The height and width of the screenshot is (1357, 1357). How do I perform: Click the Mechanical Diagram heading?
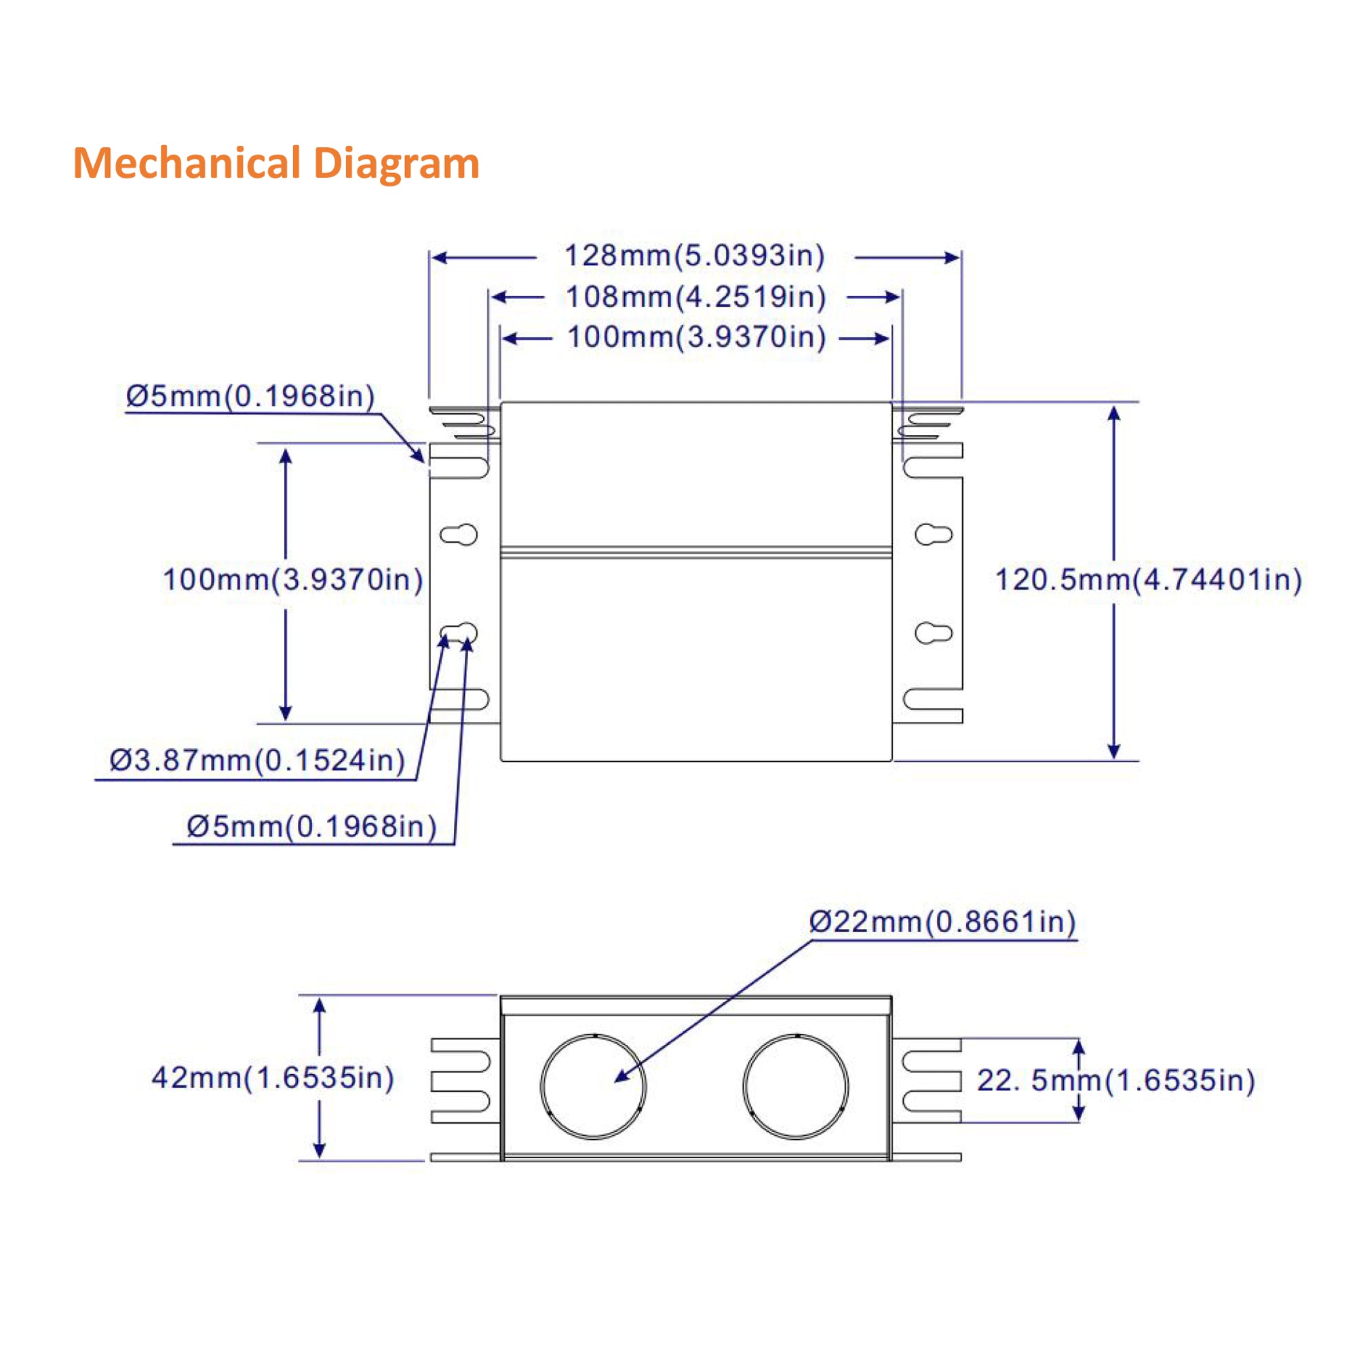click(x=276, y=163)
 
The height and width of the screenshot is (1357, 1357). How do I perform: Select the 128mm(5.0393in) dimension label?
click(x=694, y=256)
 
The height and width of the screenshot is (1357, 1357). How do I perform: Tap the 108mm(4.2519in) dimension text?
click(x=695, y=297)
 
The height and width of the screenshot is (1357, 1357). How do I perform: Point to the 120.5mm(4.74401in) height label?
click(x=1148, y=580)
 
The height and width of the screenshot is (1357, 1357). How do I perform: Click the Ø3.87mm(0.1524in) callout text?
click(x=257, y=761)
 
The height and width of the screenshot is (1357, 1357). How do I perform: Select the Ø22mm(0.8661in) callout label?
click(x=942, y=921)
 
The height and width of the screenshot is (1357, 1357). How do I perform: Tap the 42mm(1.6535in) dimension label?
click(x=273, y=1077)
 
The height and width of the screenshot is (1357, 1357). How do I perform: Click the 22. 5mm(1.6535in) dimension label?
click(x=1115, y=1080)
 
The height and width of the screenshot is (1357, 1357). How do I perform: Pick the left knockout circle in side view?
click(x=593, y=1086)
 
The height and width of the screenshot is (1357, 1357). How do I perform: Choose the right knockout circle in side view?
click(x=795, y=1086)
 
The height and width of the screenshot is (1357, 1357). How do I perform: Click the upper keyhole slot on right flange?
click(x=934, y=535)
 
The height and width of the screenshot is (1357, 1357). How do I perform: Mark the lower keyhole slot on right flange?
click(x=934, y=633)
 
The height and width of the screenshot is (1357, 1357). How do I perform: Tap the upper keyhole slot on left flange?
click(x=459, y=535)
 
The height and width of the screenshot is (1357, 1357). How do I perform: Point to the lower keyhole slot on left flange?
click(x=459, y=633)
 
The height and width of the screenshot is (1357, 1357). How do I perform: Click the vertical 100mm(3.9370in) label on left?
click(x=293, y=580)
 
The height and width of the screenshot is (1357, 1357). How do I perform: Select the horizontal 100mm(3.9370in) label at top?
click(x=696, y=338)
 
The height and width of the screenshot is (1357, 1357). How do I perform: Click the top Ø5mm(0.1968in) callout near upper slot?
click(x=250, y=397)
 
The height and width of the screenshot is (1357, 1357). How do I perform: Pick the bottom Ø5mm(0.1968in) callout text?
click(x=311, y=826)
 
